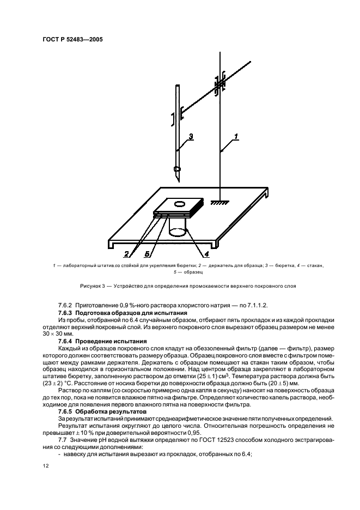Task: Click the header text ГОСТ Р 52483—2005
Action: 72,40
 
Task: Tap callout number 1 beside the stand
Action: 236,135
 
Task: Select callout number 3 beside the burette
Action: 190,136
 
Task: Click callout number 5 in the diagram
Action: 147,253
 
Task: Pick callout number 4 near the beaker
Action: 207,253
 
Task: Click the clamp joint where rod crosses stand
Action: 219,84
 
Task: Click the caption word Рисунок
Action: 90,286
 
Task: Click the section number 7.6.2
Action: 67,306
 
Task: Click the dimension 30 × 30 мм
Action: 57,333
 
